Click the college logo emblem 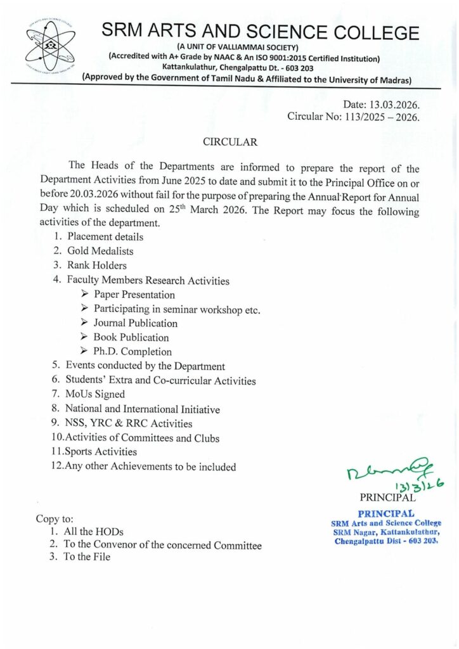pos(51,49)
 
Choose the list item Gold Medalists pos(100,251)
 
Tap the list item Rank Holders pos(97,265)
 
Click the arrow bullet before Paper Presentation pos(85,294)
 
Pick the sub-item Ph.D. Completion pos(133,351)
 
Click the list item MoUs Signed pos(95,394)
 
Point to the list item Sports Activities pos(101,452)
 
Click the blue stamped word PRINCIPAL pos(386,513)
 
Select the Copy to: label pos(55,518)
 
